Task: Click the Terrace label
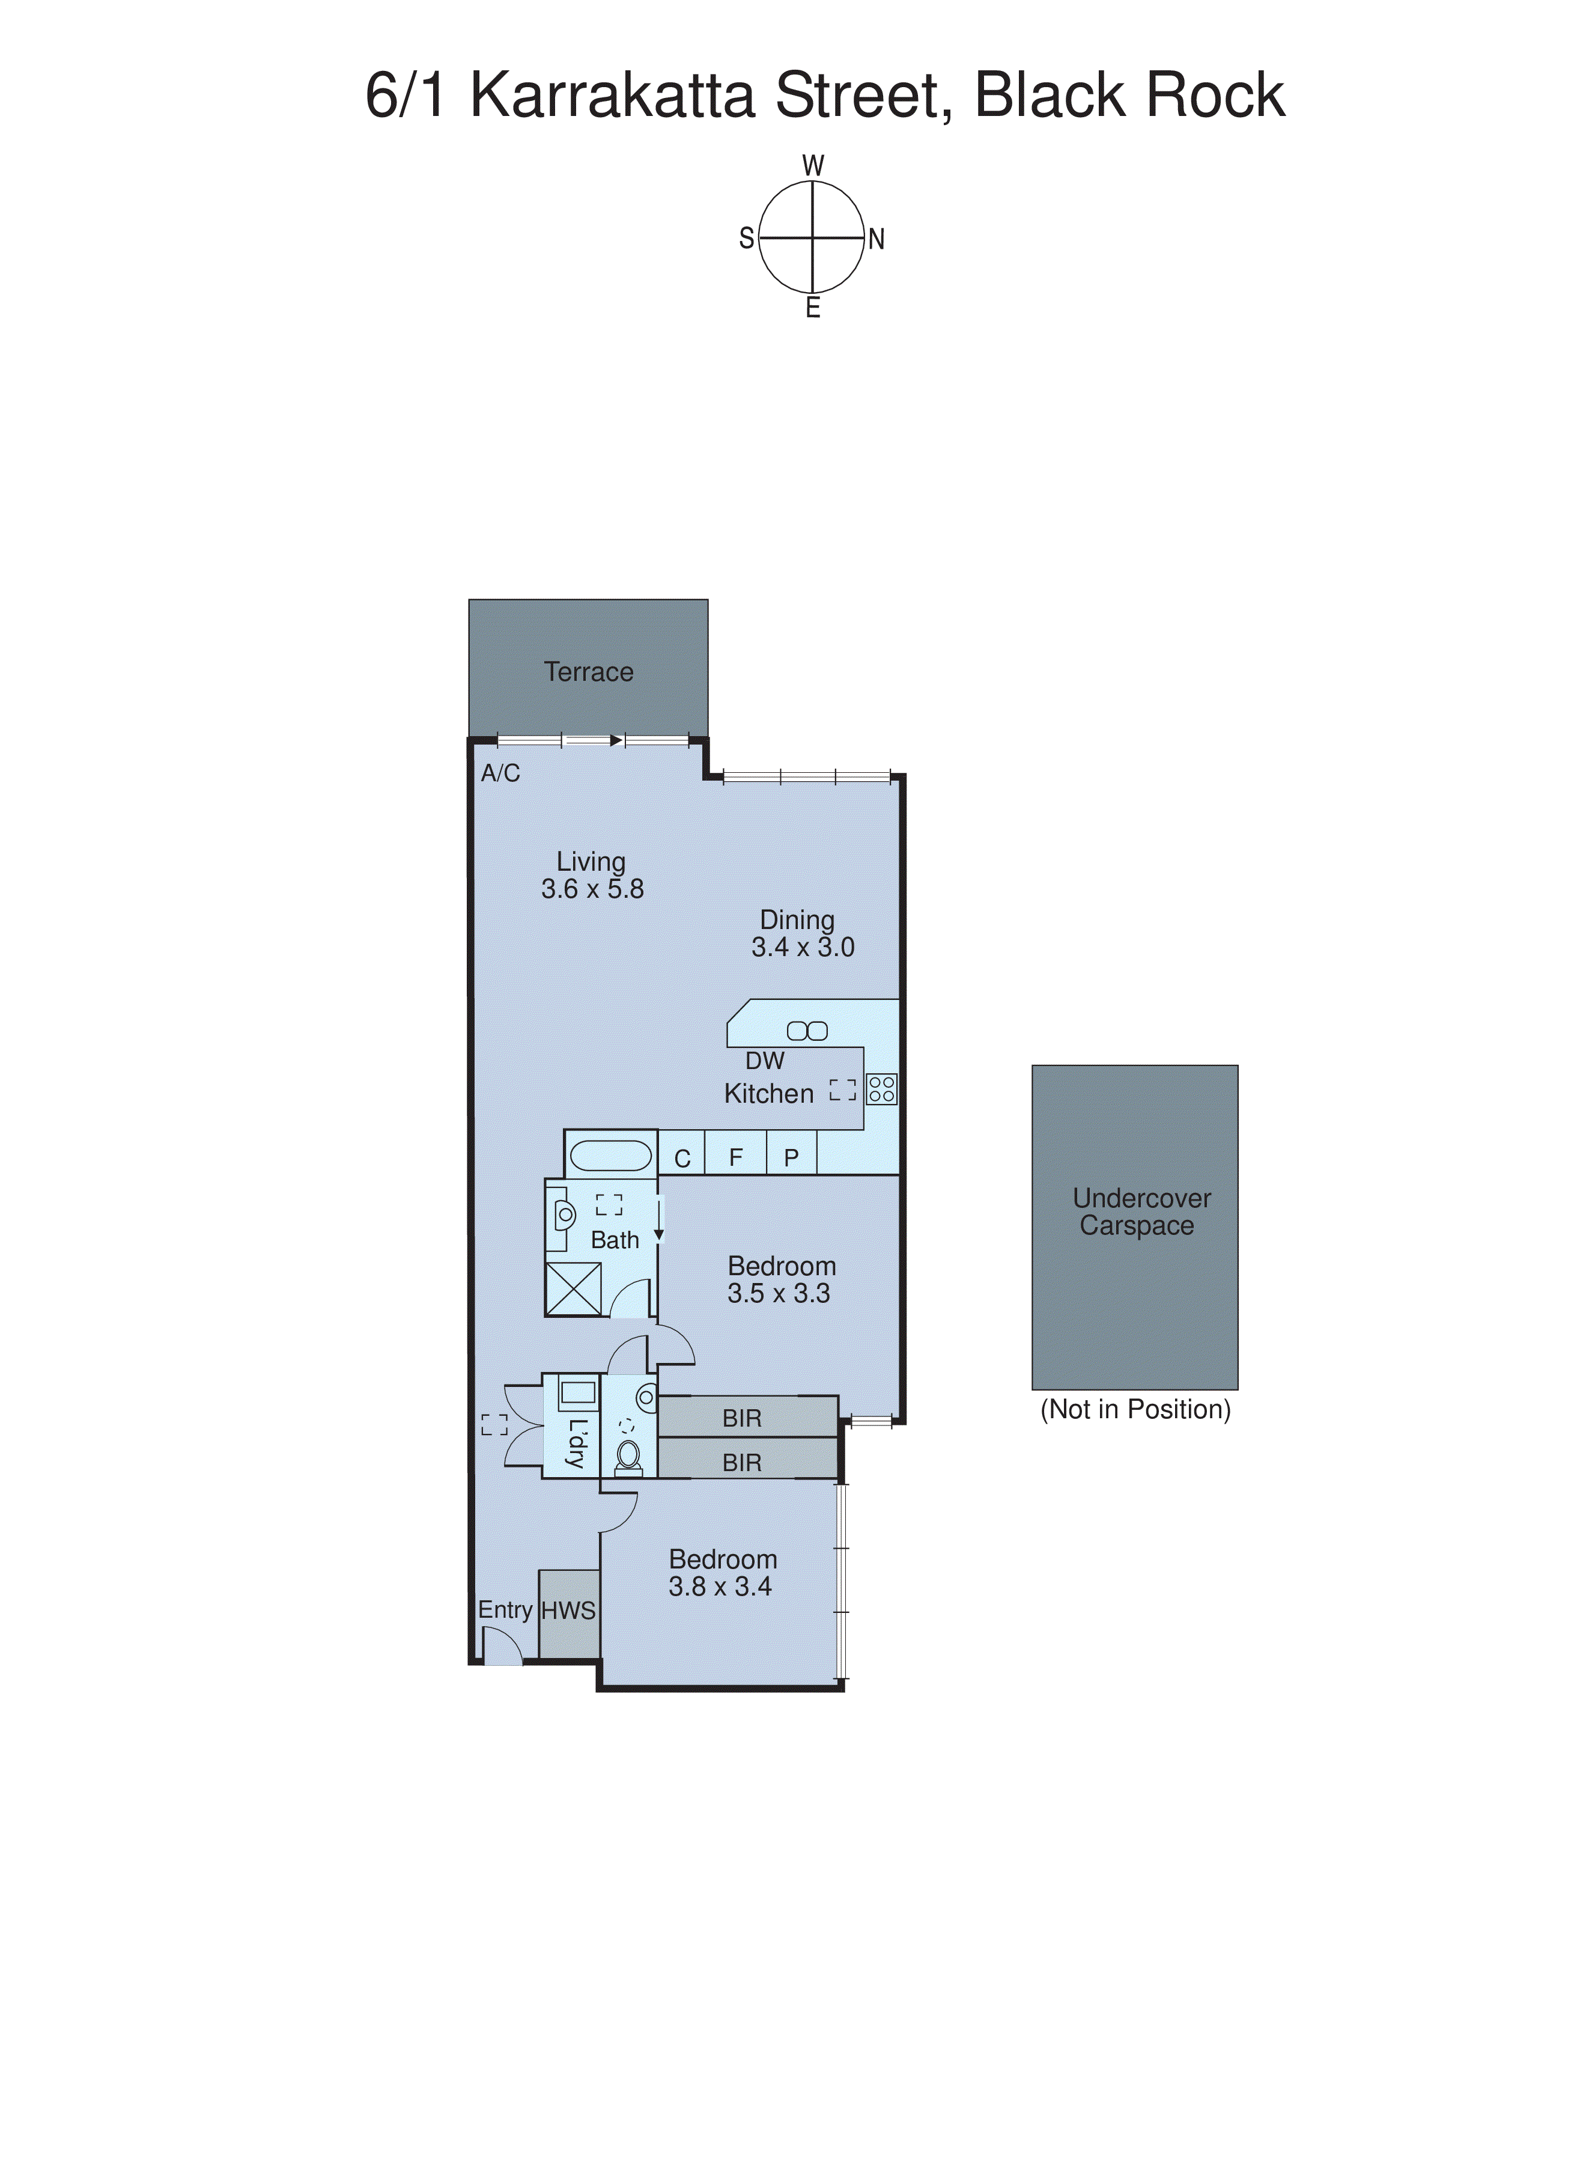pyautogui.click(x=588, y=672)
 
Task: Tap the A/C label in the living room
pyautogui.click(x=500, y=773)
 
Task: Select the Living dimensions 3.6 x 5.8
pyautogui.click(x=592, y=889)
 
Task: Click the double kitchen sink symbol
pyautogui.click(x=807, y=1031)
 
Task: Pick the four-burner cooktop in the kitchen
pyautogui.click(x=882, y=1089)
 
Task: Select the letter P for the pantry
pyautogui.click(x=791, y=1157)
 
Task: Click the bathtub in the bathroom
pyautogui.click(x=610, y=1155)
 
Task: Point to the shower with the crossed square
pyautogui.click(x=573, y=1288)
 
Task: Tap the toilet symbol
pyautogui.click(x=628, y=1457)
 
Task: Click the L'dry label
pyautogui.click(x=576, y=1443)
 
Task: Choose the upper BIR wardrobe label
pyautogui.click(x=742, y=1418)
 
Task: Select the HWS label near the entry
pyautogui.click(x=568, y=1610)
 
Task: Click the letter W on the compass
pyautogui.click(x=813, y=166)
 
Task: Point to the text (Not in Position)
pyautogui.click(x=1135, y=1409)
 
